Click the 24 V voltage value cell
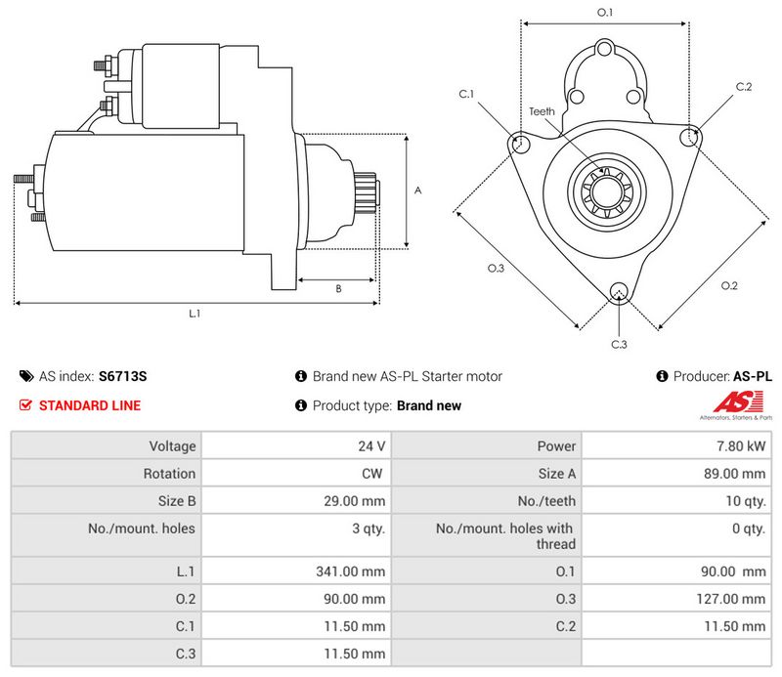pyautogui.click(x=371, y=446)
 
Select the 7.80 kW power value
pyautogui.click(x=745, y=446)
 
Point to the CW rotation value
pyautogui.click(x=374, y=474)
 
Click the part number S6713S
pyautogui.click(x=123, y=376)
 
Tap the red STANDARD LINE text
pyautogui.click(x=89, y=405)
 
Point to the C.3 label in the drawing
pyautogui.click(x=619, y=344)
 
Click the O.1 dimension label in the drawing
pyautogui.click(x=605, y=13)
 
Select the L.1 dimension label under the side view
pyautogui.click(x=195, y=314)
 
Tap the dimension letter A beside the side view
pyautogui.click(x=417, y=191)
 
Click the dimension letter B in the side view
pyautogui.click(x=338, y=288)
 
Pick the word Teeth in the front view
pyautogui.click(x=542, y=111)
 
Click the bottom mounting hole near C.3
pyautogui.click(x=618, y=291)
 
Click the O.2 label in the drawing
pyautogui.click(x=729, y=285)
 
